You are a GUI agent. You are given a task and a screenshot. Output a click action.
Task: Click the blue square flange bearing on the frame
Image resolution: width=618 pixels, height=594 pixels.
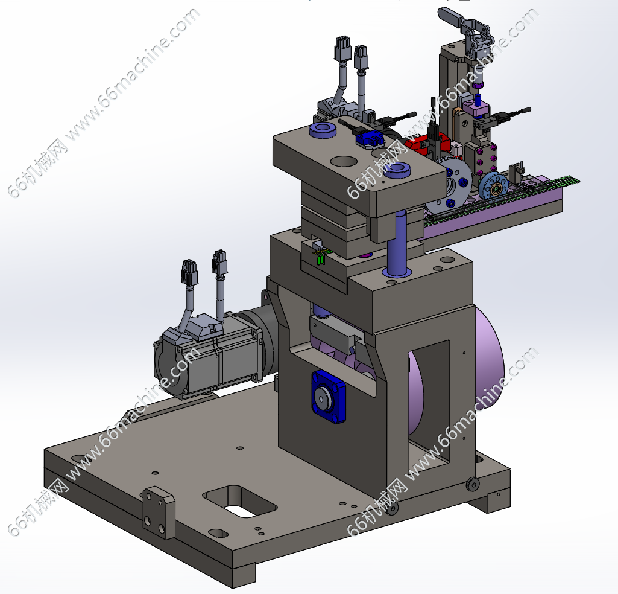coord(329,397)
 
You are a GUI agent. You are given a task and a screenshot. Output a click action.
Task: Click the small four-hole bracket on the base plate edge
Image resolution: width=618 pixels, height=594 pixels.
coord(159,513)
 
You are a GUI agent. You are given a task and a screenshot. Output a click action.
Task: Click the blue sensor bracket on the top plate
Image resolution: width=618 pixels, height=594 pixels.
coord(370,138)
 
